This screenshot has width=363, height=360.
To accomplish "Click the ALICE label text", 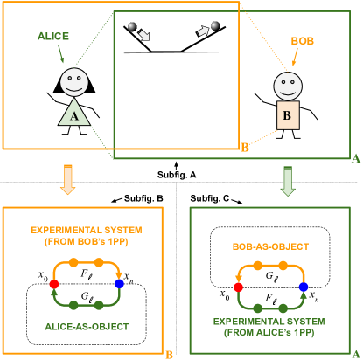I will [x=53, y=38].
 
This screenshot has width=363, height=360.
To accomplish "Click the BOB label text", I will [x=301, y=41].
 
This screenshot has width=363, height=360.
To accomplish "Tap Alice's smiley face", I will [x=73, y=82].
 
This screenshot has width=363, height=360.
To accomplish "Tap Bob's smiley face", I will [x=287, y=87].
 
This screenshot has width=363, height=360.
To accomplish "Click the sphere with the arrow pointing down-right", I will [x=132, y=28].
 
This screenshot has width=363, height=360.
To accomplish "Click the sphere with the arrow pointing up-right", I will [x=214, y=28].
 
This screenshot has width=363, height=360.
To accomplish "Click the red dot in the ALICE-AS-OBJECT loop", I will [x=54, y=284].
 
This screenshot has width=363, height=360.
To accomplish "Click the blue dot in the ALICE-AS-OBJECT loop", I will [x=119, y=284].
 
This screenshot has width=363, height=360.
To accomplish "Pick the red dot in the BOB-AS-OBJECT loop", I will [x=238, y=287].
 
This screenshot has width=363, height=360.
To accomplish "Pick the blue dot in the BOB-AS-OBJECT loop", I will [x=304, y=287].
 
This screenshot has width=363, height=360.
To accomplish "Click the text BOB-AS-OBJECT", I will [x=269, y=247].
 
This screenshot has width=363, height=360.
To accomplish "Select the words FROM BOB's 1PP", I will [x=84, y=240].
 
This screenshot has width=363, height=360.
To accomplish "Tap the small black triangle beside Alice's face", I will [x=58, y=86].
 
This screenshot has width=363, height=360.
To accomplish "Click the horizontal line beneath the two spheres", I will [x=171, y=52].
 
